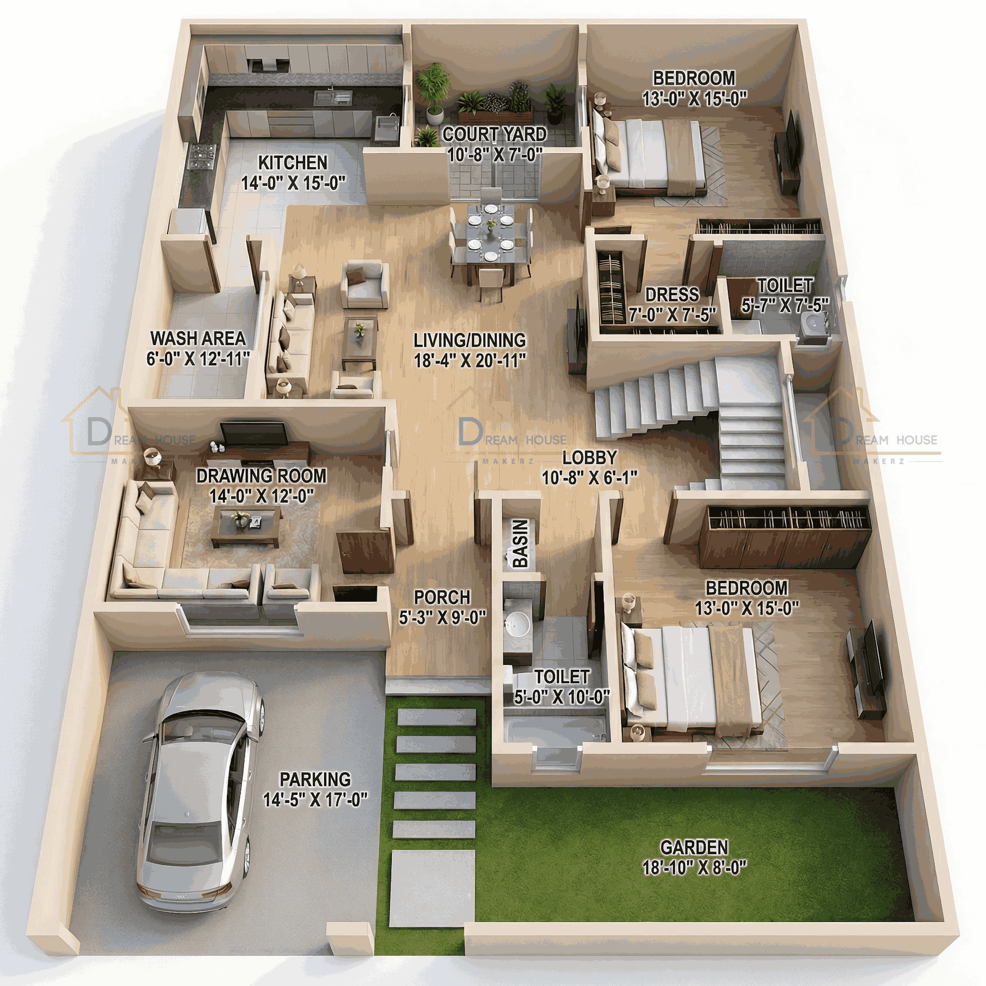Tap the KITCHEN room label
(292, 163)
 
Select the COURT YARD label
(494, 134)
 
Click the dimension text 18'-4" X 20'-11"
(470, 361)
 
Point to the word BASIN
(520, 543)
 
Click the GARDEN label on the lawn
(694, 847)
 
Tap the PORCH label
(442, 597)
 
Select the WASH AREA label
(198, 338)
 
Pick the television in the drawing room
(254, 433)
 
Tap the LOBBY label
(589, 458)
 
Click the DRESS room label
(672, 295)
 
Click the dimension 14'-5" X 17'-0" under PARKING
(315, 800)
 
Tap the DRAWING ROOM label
(261, 476)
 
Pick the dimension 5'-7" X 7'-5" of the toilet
(784, 305)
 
